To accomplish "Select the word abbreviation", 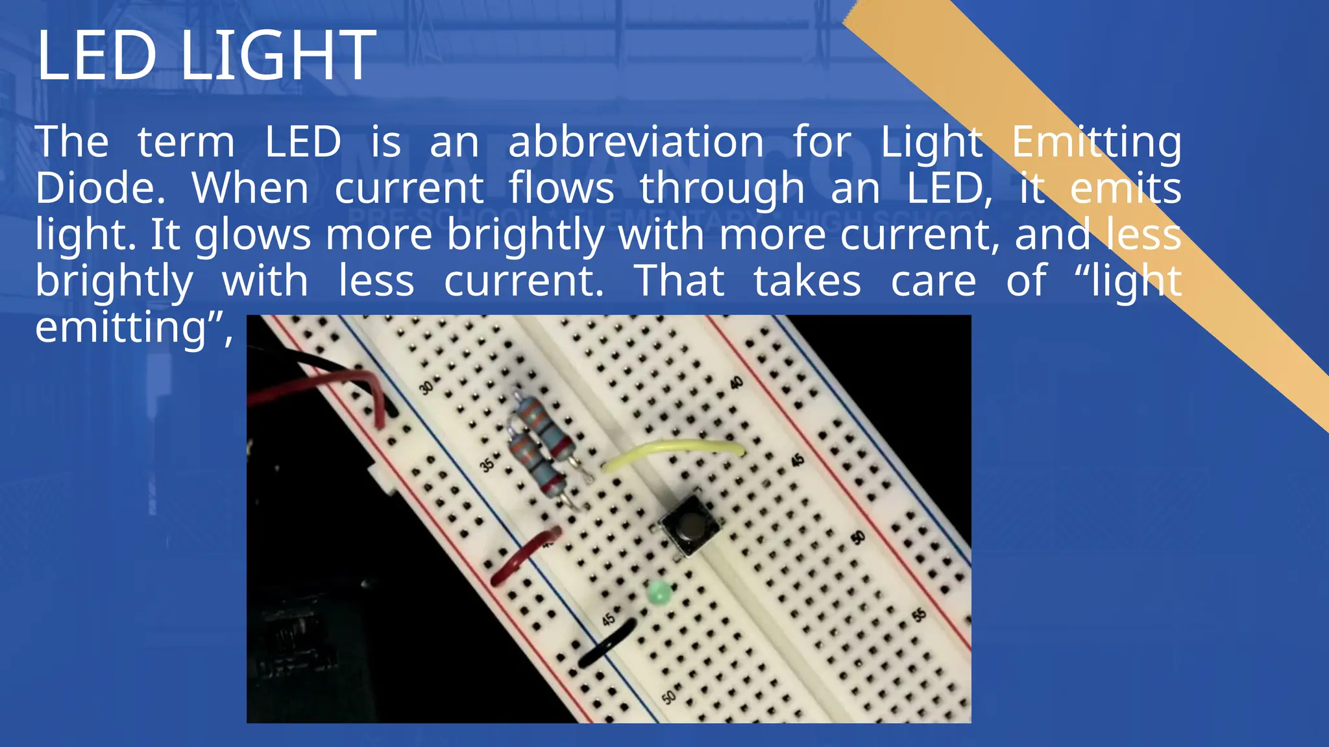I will (636, 142).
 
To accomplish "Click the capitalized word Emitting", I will (1096, 142).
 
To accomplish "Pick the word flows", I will (561, 189).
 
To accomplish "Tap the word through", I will (722, 190).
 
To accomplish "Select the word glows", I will (252, 236).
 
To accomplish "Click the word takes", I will (807, 281).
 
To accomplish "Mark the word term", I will (186, 142).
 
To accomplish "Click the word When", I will (250, 189).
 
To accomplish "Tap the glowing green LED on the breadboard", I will (659, 593).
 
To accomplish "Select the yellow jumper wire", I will (675, 449).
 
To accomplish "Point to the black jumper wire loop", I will (606, 642).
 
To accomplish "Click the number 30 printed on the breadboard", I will (426, 388).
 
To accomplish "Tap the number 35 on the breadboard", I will (487, 464).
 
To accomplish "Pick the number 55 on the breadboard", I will (919, 615).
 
